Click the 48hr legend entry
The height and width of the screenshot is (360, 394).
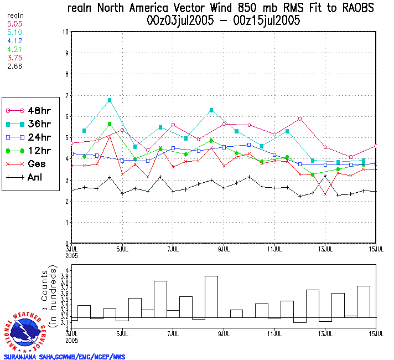[30, 111]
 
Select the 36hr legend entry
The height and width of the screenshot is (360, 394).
[30, 124]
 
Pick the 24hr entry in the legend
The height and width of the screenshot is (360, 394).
[30, 137]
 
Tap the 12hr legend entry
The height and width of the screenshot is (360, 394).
[30, 151]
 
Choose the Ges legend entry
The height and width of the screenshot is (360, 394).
[30, 164]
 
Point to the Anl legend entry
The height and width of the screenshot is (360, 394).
[30, 177]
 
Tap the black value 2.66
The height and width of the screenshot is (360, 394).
[13, 66]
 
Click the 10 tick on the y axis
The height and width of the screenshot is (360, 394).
[65, 32]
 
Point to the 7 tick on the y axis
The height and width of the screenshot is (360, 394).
[66, 95]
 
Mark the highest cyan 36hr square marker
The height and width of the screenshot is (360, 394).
[110, 100]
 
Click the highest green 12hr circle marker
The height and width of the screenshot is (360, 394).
[110, 124]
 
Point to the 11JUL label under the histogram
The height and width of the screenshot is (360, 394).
[275, 334]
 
